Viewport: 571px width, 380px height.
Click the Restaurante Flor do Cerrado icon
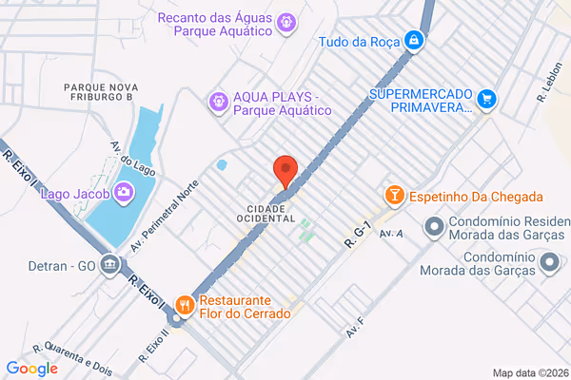(185, 306)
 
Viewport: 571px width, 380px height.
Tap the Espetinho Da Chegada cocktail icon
(393, 196)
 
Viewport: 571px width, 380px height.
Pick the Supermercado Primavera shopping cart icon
(487, 98)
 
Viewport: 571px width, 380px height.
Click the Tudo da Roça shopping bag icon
(414, 41)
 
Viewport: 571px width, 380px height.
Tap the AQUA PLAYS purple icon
(219, 99)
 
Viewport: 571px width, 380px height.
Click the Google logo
(31, 369)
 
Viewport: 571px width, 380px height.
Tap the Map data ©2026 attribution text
(530, 372)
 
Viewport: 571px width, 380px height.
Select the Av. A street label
(391, 233)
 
